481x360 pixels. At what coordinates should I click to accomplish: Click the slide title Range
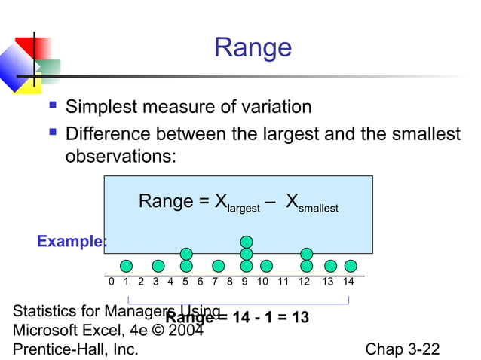tap(252, 47)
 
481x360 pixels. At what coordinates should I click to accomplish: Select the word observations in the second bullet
tap(120, 157)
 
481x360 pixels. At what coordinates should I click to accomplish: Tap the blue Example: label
tap(72, 242)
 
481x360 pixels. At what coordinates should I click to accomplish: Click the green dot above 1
tap(126, 266)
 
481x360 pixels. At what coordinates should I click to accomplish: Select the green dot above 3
tap(158, 266)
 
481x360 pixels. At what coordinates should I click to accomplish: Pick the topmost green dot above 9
tap(247, 242)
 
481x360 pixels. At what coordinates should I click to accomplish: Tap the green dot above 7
tap(218, 266)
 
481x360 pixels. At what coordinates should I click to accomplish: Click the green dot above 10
tap(266, 266)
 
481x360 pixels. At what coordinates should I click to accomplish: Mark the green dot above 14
tap(351, 266)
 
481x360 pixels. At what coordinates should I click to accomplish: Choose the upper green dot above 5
tap(186, 254)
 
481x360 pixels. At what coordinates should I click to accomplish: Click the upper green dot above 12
tap(306, 254)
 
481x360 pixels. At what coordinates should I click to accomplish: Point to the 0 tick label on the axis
tap(112, 282)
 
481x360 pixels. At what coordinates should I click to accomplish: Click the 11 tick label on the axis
tap(283, 282)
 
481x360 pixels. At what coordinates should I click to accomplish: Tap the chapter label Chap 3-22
tap(402, 349)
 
